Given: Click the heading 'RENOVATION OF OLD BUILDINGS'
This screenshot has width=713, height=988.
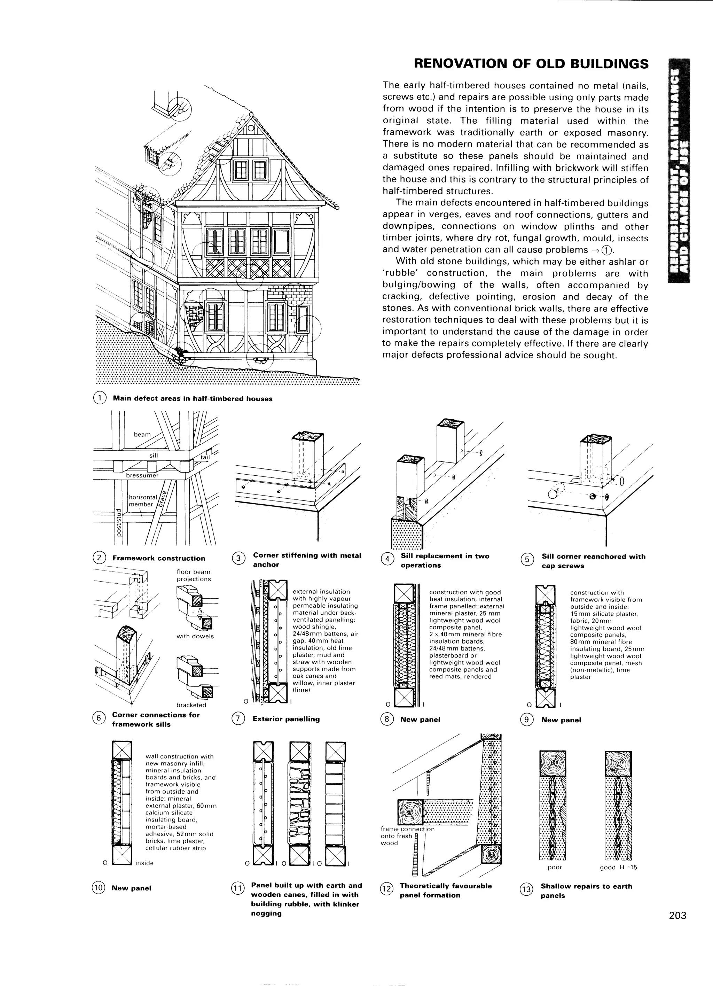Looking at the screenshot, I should pos(531,64).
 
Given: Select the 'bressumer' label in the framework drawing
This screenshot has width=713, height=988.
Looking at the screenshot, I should pos(142,475).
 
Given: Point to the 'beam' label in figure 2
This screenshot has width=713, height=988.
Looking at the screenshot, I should pos(142,434).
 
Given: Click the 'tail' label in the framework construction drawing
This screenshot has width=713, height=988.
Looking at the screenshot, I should pos(205,457).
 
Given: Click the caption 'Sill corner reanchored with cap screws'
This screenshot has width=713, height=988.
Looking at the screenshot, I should pos(593,561).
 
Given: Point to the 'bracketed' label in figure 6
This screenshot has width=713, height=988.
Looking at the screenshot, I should pos(191,705).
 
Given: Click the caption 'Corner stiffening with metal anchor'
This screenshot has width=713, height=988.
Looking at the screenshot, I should pos(307,560).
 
